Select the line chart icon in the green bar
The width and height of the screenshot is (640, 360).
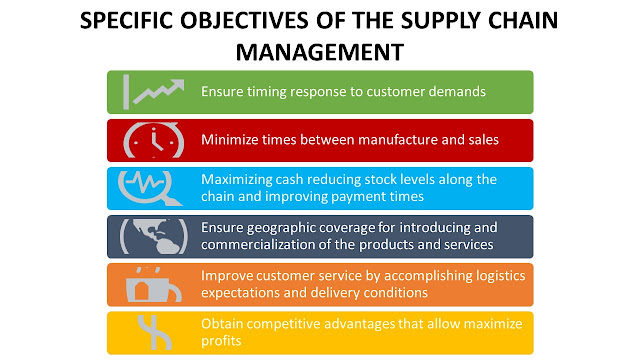click(x=151, y=90)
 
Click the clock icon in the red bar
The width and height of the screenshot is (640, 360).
click(x=149, y=139)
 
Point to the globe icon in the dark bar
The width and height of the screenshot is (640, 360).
click(x=150, y=236)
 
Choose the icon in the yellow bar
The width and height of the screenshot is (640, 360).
click(x=150, y=332)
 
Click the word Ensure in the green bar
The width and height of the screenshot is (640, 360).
click(x=222, y=91)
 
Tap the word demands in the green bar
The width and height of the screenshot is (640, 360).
click(x=457, y=91)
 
